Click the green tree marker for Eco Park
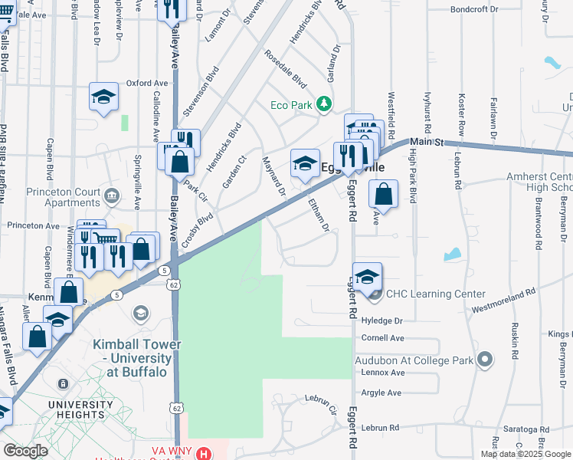[324, 103]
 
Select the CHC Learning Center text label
[435, 294]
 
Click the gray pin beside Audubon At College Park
[483, 359]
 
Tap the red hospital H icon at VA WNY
[203, 454]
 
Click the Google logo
[26, 451]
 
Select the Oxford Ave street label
[147, 83]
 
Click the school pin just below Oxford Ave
[103, 97]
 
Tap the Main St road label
[427, 142]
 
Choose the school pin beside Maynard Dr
[305, 163]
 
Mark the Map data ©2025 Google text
[525, 454]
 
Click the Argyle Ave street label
[381, 393]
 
